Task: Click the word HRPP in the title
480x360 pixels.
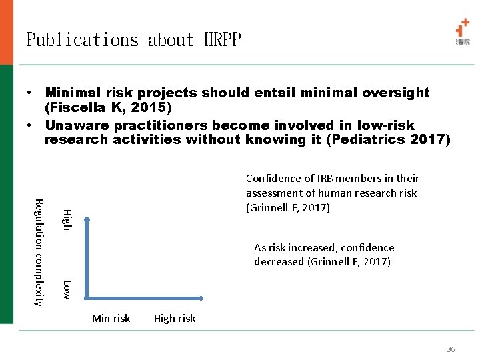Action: click(x=217, y=40)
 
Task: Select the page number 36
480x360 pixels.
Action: click(x=451, y=349)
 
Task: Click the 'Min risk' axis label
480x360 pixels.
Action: click(x=111, y=319)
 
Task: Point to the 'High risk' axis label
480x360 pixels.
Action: click(x=175, y=319)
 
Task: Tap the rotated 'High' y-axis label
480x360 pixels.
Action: click(x=67, y=219)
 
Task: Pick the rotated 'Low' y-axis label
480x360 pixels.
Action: click(x=67, y=289)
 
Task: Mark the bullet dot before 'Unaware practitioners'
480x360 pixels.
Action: click(x=31, y=126)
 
